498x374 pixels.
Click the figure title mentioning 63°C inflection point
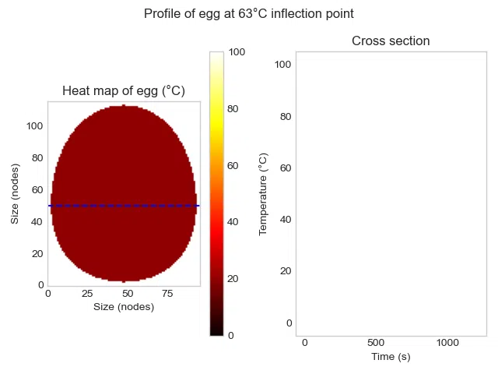coord(249,14)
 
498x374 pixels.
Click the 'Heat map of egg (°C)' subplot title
coord(124,91)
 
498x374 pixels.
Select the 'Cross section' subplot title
coord(391,41)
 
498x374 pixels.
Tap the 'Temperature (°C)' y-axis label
coord(264,194)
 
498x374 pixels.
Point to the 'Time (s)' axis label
coord(390,357)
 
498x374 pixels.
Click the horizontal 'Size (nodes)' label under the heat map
coord(124,306)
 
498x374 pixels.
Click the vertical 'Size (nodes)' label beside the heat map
coord(15,194)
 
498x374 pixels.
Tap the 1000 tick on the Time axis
coord(448,344)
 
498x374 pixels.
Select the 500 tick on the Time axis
coord(376,344)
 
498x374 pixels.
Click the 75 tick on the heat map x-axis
coord(167,294)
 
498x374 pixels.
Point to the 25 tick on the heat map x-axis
coord(88,294)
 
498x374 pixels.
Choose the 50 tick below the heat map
coord(128,294)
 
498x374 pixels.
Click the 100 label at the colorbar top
coord(237,52)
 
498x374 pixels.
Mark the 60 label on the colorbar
coord(233,165)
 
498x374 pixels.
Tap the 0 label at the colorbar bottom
coord(230,335)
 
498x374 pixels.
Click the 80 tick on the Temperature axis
coord(285,116)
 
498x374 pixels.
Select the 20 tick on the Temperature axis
coord(285,271)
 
